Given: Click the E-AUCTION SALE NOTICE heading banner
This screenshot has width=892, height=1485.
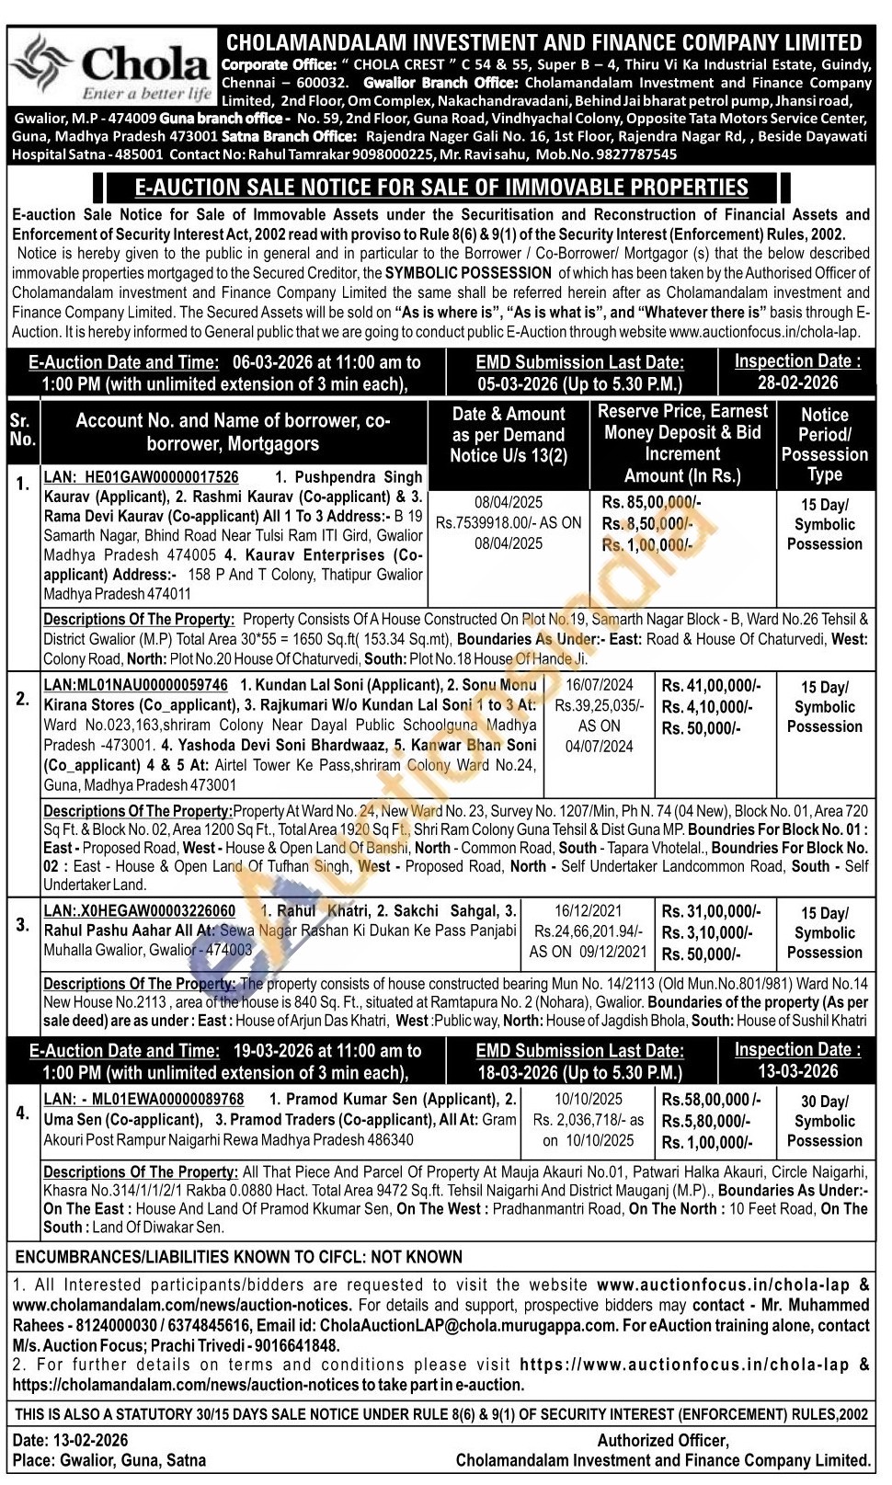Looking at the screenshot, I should coord(441,188).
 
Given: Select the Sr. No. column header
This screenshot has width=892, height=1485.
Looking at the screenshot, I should coord(23,430).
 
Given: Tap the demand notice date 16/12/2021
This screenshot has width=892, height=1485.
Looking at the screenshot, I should coord(589,911).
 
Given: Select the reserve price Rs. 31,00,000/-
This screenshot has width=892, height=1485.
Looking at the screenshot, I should coord(711,912).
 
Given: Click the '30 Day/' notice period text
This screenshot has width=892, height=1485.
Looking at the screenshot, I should coord(824,1102).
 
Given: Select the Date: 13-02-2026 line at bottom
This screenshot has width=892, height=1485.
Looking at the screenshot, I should coord(71,1440).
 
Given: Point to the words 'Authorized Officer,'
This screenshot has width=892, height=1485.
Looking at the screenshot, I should coord(663,1441).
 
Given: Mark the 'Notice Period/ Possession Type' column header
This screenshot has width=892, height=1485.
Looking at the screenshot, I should coord(824,445).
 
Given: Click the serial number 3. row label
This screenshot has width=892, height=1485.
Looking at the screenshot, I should coord(23,925).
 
